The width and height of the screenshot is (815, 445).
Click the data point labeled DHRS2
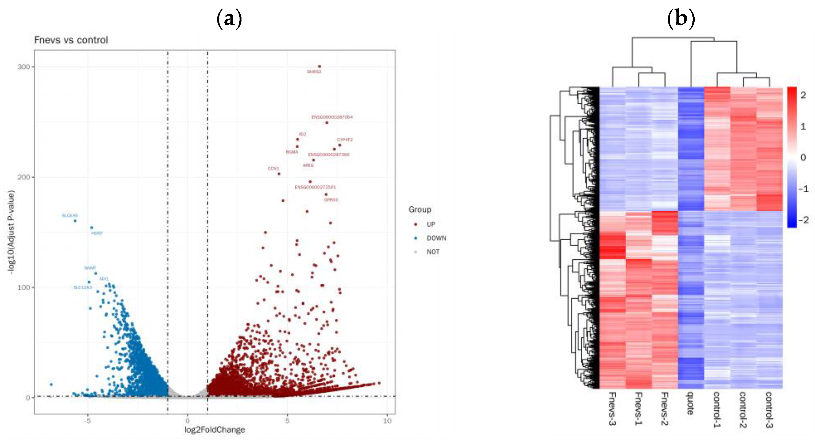[x=320, y=67]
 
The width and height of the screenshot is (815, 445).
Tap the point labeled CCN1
[x=279, y=174]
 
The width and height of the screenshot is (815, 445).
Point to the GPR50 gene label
[x=331, y=200]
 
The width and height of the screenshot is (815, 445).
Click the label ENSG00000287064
[x=332, y=117]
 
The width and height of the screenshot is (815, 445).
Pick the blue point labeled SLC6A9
[x=75, y=221]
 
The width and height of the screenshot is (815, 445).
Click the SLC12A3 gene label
[x=83, y=288]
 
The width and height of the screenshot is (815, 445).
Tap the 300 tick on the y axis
[x=23, y=67]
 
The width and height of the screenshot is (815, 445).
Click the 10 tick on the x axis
[x=387, y=421]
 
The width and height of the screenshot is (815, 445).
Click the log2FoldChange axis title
[x=214, y=430]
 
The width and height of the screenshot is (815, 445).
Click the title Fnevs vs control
[x=71, y=40]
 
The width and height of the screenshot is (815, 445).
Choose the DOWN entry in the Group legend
[x=436, y=238]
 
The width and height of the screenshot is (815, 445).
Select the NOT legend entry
[x=432, y=252]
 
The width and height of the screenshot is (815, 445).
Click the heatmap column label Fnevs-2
[x=664, y=409]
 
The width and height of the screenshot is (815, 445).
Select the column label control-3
[x=769, y=410]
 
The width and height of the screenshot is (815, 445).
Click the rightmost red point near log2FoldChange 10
[x=379, y=383]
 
